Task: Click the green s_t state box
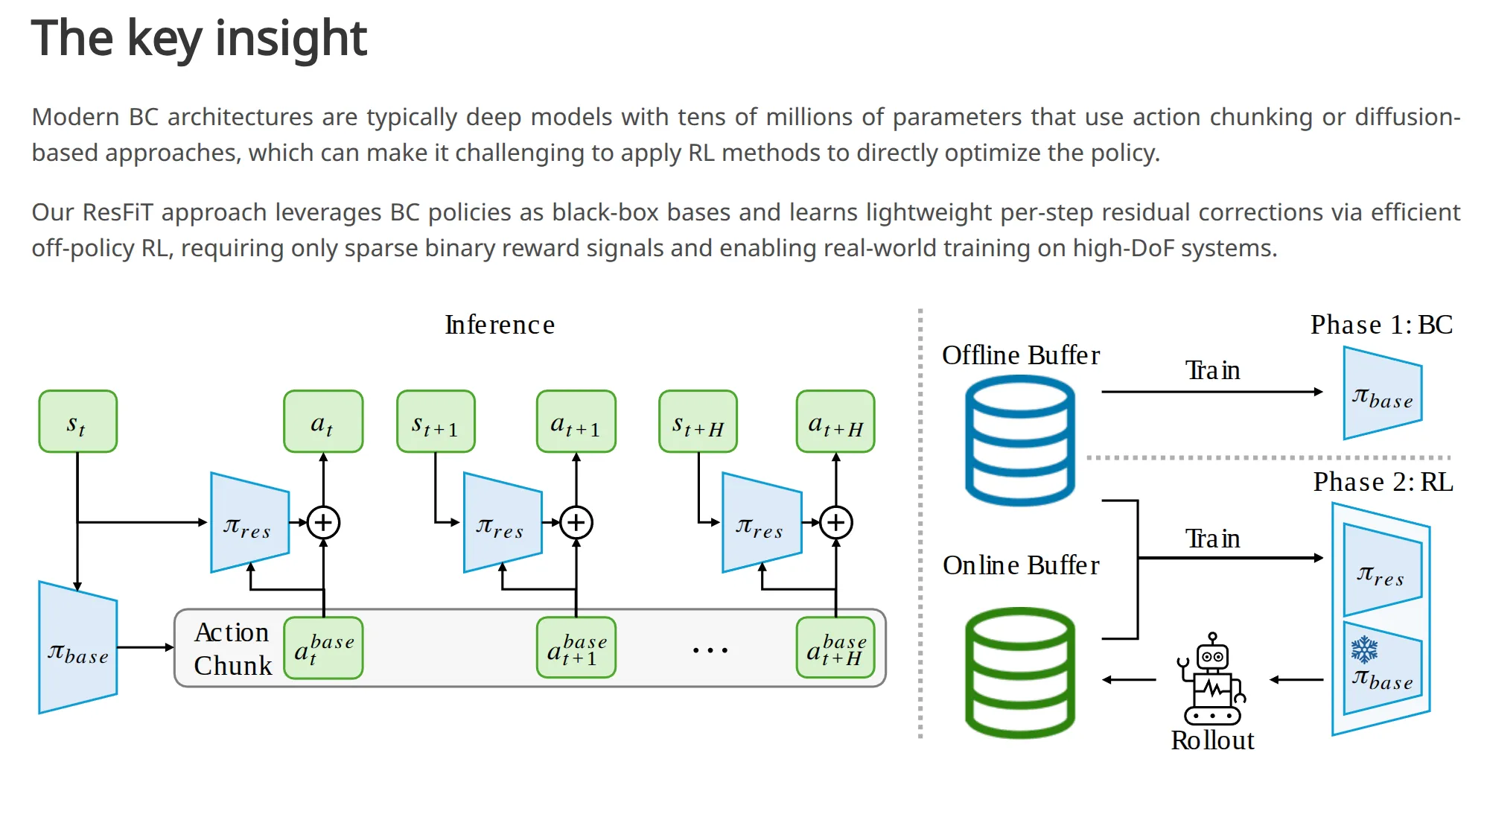click(x=77, y=422)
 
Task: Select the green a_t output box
click(x=323, y=422)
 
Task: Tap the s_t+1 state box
click(x=436, y=422)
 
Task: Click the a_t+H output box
click(x=835, y=422)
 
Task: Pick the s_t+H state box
click(x=698, y=422)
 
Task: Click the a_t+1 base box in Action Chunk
click(x=576, y=648)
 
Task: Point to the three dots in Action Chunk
click(x=710, y=650)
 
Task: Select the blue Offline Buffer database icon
click(x=1020, y=441)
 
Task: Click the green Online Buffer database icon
click(x=1020, y=673)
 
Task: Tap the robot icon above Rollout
click(x=1212, y=679)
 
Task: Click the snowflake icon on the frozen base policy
click(x=1364, y=650)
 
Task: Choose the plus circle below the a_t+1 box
click(x=576, y=522)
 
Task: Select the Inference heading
click(x=500, y=325)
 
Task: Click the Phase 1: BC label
click(x=1381, y=325)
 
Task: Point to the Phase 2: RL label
click(x=1383, y=482)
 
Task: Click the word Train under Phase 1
click(x=1212, y=370)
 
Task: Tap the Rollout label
click(x=1212, y=740)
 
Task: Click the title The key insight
click(x=199, y=38)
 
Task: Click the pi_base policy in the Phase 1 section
click(x=1383, y=393)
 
